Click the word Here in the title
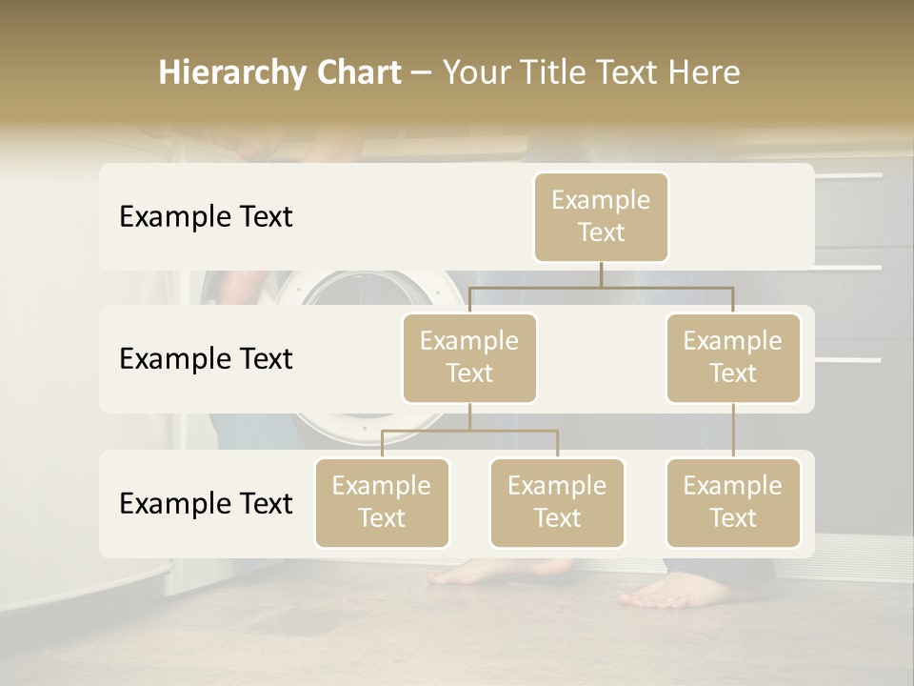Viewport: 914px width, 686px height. click(x=705, y=73)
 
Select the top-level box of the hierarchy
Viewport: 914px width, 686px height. click(x=601, y=216)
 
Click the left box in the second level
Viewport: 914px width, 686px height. click(x=469, y=357)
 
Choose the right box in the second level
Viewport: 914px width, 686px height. click(x=733, y=357)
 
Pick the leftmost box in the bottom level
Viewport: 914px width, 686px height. click(x=382, y=502)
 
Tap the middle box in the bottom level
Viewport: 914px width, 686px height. click(x=557, y=502)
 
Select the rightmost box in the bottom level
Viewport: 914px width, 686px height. click(x=733, y=502)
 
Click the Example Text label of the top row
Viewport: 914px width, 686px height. click(x=206, y=217)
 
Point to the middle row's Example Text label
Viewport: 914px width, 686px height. click(x=206, y=359)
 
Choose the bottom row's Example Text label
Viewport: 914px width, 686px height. click(x=206, y=503)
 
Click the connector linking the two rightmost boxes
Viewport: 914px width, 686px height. click(x=733, y=431)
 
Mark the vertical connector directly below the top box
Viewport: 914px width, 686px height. click(x=601, y=274)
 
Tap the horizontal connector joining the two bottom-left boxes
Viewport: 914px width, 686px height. click(x=469, y=431)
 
